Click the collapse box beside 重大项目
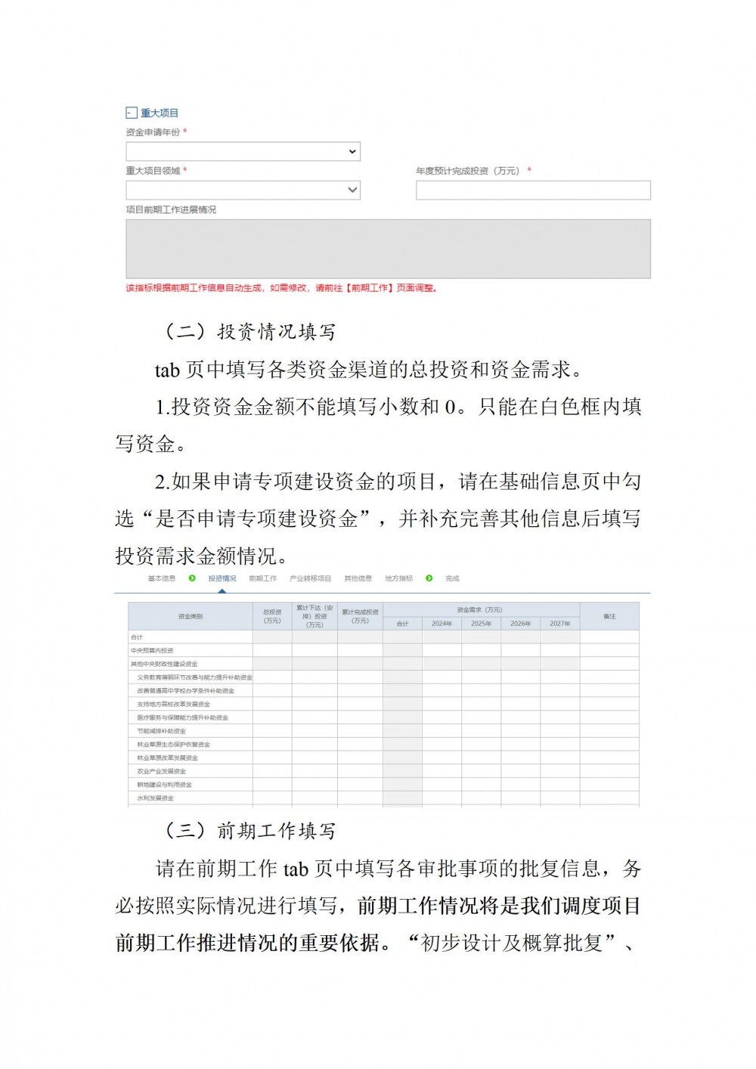[131, 113]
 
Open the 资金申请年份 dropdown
[243, 152]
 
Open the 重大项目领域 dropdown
[243, 190]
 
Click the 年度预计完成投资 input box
[533, 191]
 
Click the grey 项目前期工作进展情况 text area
[388, 249]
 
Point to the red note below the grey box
[281, 288]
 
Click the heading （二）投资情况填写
[249, 332]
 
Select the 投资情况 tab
[222, 578]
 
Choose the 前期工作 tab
[262, 578]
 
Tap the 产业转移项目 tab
[310, 578]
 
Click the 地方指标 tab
[398, 578]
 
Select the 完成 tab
[452, 578]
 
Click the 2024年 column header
[442, 624]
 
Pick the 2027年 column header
[559, 624]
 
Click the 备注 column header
[609, 617]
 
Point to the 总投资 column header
[272, 616]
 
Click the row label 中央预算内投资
[152, 650]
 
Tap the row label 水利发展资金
[155, 798]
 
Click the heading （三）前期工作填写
[249, 831]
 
